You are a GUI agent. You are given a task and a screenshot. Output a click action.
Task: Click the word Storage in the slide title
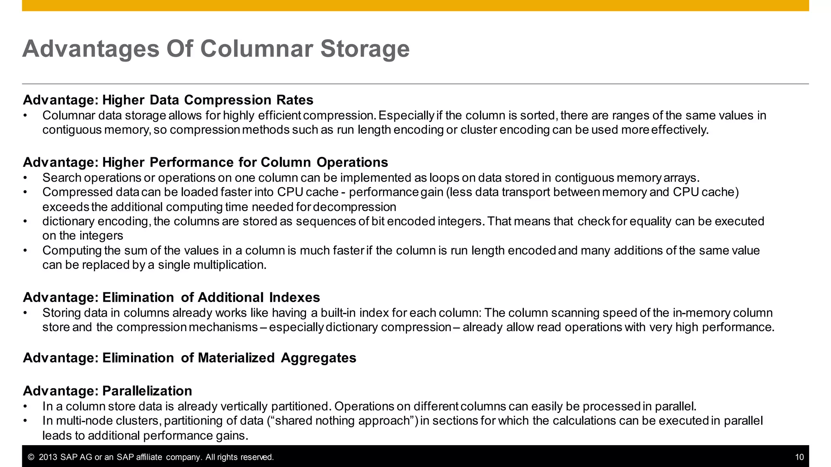(x=365, y=49)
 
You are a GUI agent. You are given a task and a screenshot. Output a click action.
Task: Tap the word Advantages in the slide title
(x=91, y=49)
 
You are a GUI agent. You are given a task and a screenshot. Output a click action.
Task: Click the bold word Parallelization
(x=147, y=391)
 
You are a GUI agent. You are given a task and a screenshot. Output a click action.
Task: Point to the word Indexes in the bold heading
(x=294, y=298)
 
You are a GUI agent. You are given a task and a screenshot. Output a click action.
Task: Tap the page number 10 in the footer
(x=799, y=457)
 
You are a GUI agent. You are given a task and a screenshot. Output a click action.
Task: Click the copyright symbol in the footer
(x=31, y=457)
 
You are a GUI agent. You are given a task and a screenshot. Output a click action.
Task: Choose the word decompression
(x=354, y=207)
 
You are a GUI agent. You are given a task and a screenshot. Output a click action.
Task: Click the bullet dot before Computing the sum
(x=25, y=251)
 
